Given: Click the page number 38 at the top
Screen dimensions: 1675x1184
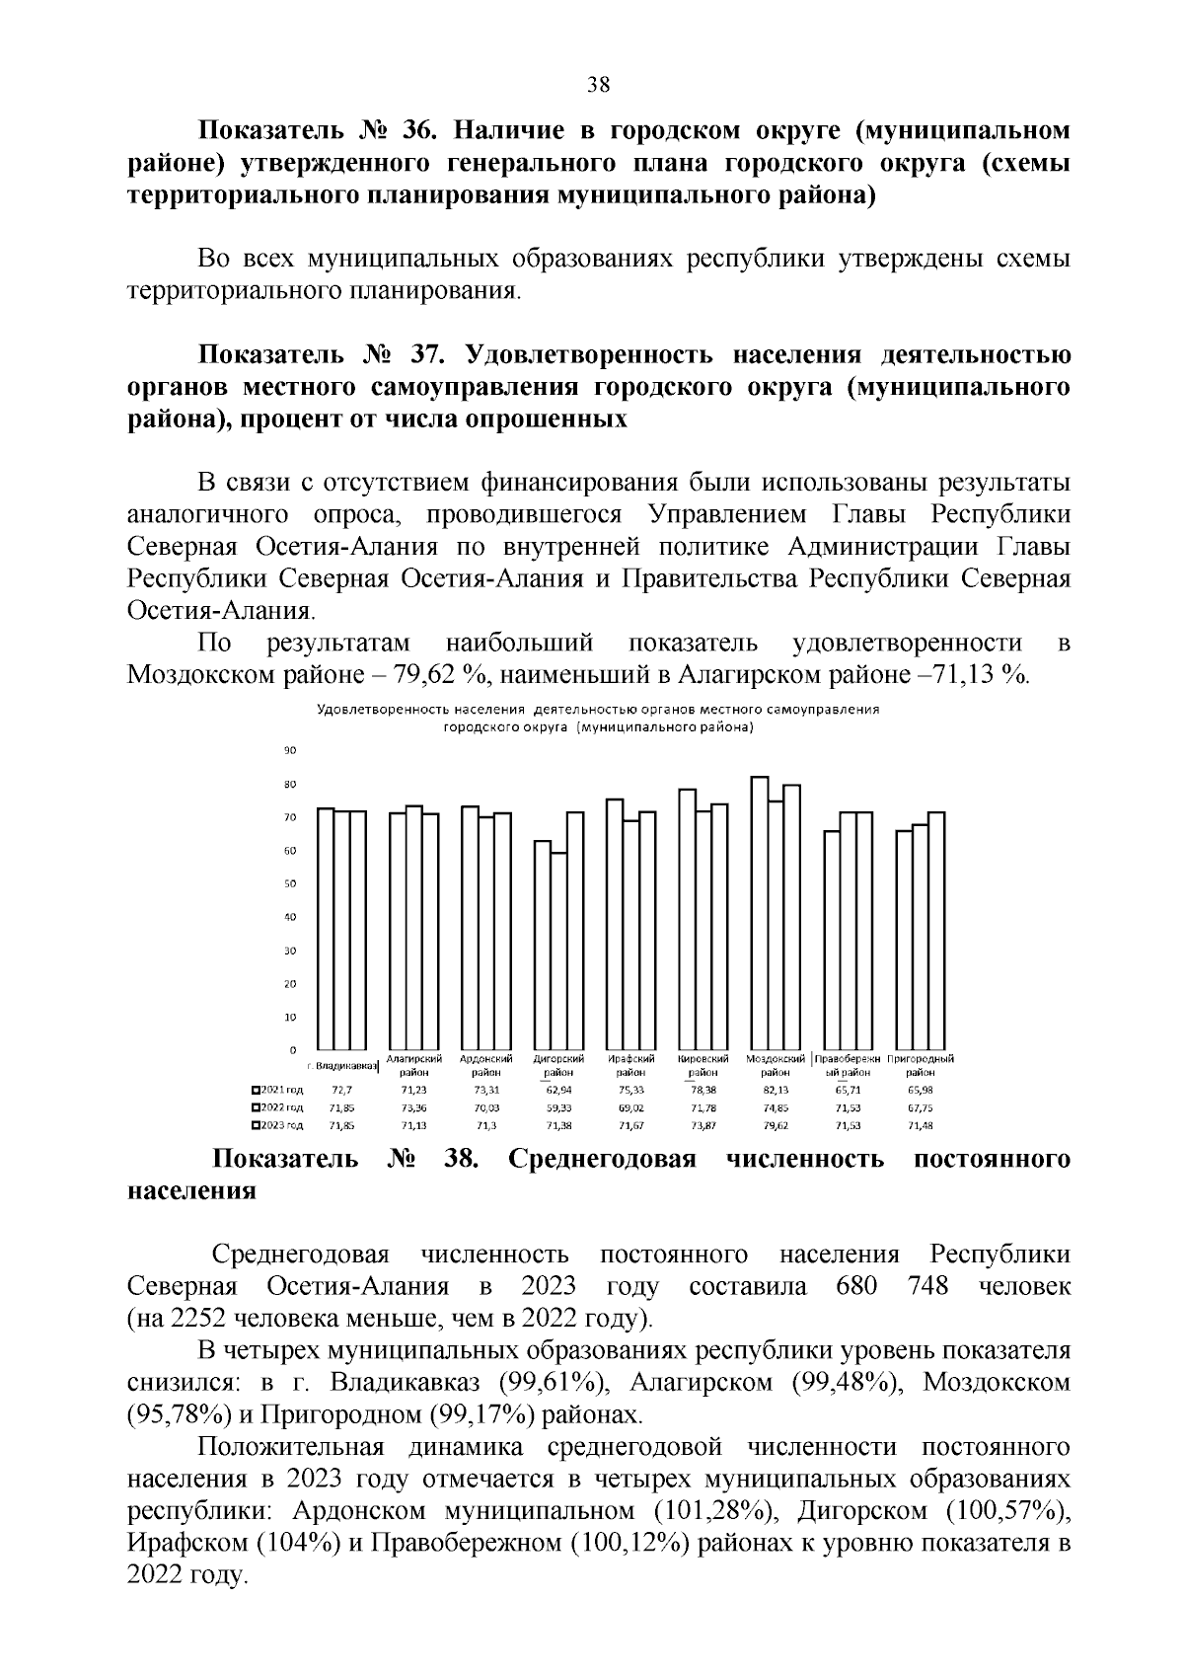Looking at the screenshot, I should coord(598,84).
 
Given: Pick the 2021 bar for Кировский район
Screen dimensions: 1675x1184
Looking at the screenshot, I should coord(687,919).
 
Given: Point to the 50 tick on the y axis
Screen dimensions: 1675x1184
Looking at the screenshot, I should coord(290,883).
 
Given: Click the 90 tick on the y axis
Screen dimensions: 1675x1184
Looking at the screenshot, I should coord(290,751).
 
